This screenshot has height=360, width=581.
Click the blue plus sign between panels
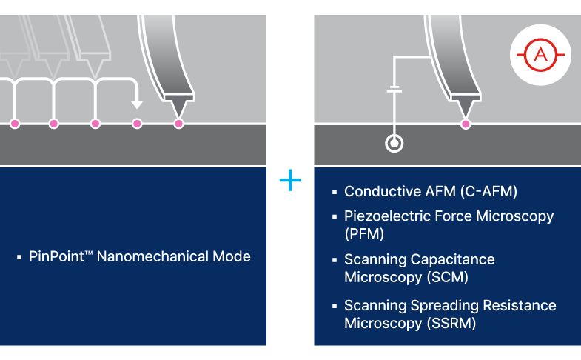point(290,180)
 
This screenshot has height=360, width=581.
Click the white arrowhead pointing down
point(135,103)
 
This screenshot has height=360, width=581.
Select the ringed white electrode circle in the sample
point(394,143)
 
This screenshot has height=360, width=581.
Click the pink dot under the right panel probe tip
point(466,124)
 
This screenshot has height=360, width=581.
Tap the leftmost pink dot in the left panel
point(15,124)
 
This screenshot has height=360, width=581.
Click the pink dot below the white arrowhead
point(136,124)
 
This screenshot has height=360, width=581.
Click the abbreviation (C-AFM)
point(488,192)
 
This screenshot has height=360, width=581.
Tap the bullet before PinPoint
point(19,258)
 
